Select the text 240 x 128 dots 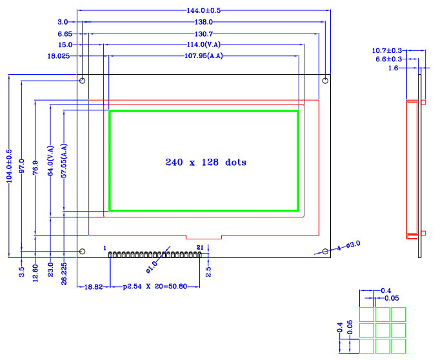206,163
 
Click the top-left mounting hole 83,81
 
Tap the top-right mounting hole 326,81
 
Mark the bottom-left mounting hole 83,252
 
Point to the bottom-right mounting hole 326,252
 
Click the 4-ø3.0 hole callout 348,245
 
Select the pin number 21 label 200,247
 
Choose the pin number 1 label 104,247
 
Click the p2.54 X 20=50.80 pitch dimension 155,286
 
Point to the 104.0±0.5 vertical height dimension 9,166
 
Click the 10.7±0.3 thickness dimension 388,50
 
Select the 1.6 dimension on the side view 393,68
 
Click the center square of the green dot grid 382,330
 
